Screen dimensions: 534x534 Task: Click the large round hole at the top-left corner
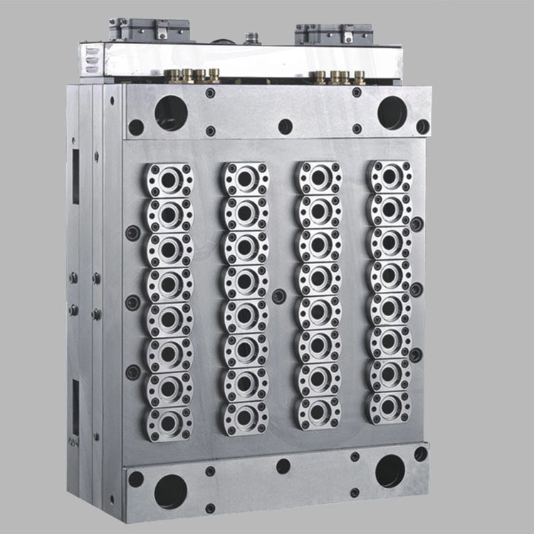[x=171, y=112]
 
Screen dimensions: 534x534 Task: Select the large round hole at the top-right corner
[x=392, y=112]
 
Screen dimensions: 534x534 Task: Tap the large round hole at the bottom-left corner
[x=170, y=491]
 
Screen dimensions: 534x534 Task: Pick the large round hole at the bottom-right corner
[x=390, y=471]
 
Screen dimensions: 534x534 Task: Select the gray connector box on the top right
[x=334, y=33]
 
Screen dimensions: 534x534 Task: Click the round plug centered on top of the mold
[x=251, y=37]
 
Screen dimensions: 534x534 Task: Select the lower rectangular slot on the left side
[x=75, y=406]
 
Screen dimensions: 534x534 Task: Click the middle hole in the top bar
[x=286, y=126]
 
